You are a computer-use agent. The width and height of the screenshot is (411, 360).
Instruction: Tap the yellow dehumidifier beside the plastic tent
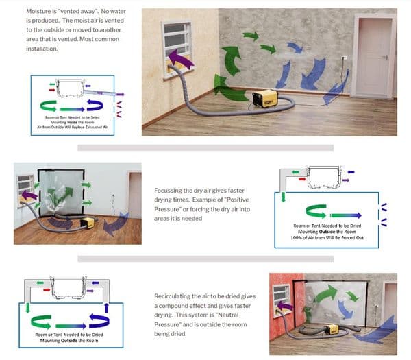pyautogui.click(x=87, y=221)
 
